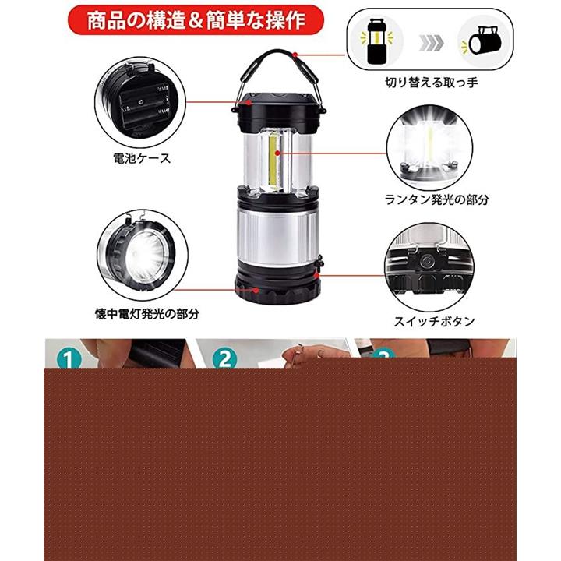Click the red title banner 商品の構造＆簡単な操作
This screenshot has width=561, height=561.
pos(196,19)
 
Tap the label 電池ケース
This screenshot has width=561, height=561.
pos(142,158)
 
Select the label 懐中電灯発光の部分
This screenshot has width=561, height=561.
pos(147,314)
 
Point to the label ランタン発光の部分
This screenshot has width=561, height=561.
pos(437,199)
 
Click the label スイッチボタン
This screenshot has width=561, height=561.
pos(434,321)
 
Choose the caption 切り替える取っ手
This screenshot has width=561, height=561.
pos(432,83)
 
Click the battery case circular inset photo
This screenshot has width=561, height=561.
pos(140,102)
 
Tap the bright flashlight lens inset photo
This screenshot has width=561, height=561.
pos(143,256)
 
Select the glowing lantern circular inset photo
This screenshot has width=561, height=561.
pos(429,148)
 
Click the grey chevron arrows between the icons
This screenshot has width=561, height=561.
pos(431,43)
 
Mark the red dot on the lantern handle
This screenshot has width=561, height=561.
pos(295,55)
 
